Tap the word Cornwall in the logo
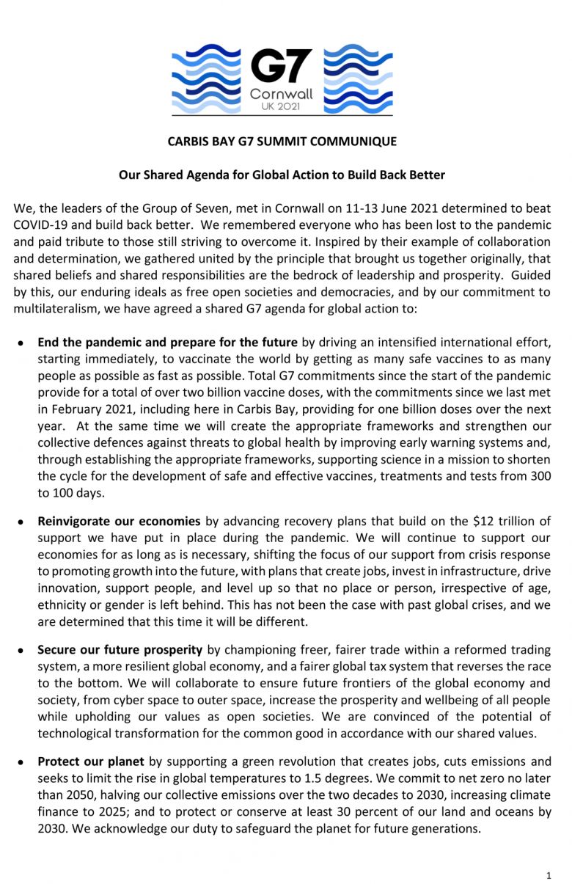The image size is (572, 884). [x=281, y=94]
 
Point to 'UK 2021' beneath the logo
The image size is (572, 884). [x=281, y=107]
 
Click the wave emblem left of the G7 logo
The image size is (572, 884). [x=206, y=79]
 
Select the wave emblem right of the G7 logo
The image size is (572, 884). [x=358, y=79]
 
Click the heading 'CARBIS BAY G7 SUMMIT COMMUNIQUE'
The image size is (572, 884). [x=282, y=142]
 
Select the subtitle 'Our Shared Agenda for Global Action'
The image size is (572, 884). [x=282, y=175]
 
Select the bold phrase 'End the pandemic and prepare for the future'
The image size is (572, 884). [x=167, y=343]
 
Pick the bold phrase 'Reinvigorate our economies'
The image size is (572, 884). [x=119, y=522]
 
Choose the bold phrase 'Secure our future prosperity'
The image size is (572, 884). [x=120, y=650]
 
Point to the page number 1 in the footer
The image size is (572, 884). [x=549, y=875]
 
